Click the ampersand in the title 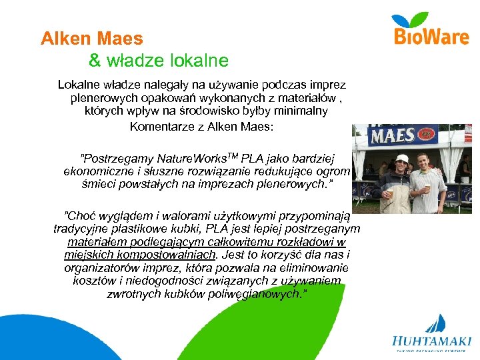coord(95,61)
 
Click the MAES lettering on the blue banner coord(392,136)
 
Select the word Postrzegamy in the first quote coord(118,159)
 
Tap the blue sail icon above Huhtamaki coord(437,323)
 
